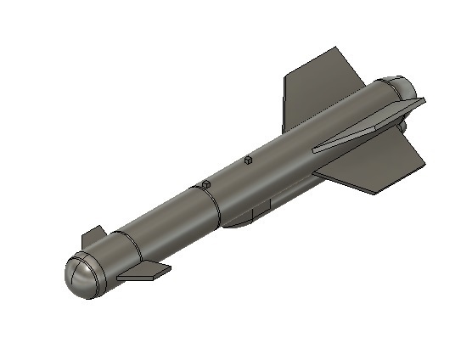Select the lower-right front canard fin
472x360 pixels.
tap(143, 272)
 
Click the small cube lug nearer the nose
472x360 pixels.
tap(205, 184)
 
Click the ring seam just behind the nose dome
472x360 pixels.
tap(100, 270)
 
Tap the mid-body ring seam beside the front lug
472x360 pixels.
tap(216, 204)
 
